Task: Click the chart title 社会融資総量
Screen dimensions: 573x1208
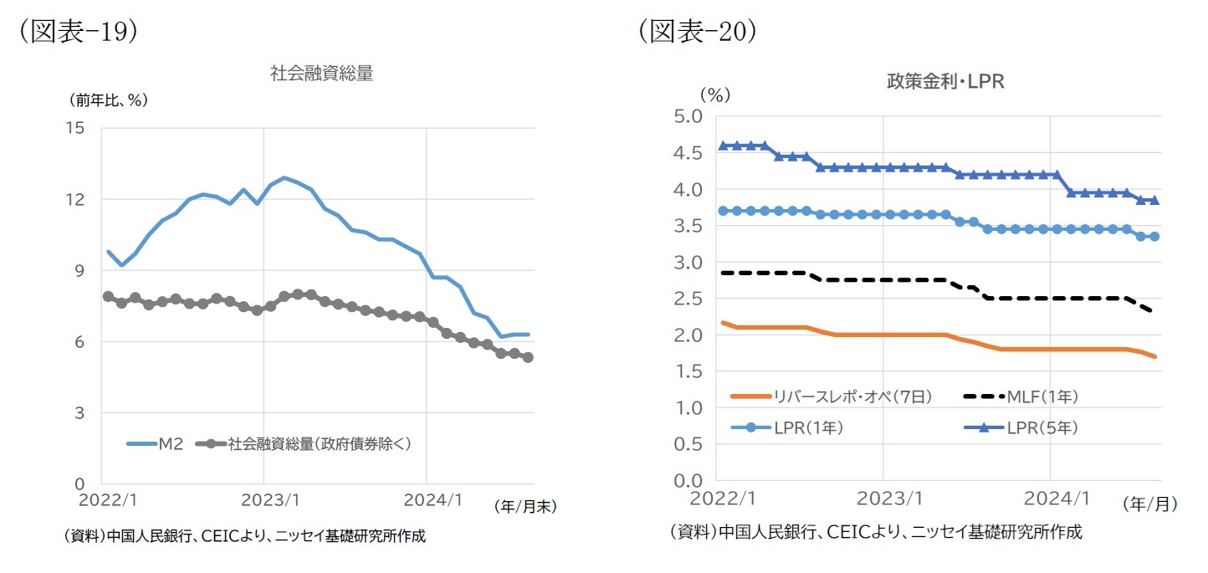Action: pos(321,74)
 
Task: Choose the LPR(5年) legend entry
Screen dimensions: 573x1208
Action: pos(1042,427)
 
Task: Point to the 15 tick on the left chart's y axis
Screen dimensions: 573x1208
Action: pos(75,128)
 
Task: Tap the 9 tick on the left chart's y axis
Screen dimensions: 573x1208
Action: pos(79,270)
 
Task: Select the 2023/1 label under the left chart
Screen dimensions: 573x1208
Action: pos(264,501)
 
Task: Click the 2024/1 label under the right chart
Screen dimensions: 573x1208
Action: pos(1050,499)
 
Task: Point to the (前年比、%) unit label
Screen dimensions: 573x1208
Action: pos(108,100)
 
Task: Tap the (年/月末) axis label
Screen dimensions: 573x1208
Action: pos(525,505)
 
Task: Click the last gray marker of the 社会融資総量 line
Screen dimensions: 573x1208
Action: pos(528,357)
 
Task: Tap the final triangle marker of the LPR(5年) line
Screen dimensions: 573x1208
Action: pos(1154,200)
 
